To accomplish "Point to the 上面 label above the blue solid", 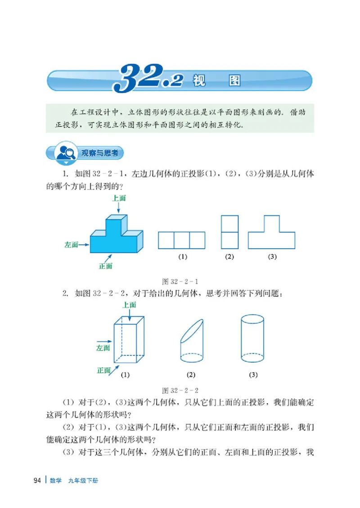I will (x=119, y=198).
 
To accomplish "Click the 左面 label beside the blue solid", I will (x=71, y=245).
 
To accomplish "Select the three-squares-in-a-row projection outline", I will (x=181, y=240).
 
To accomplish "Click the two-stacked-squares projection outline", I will (x=229, y=232).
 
